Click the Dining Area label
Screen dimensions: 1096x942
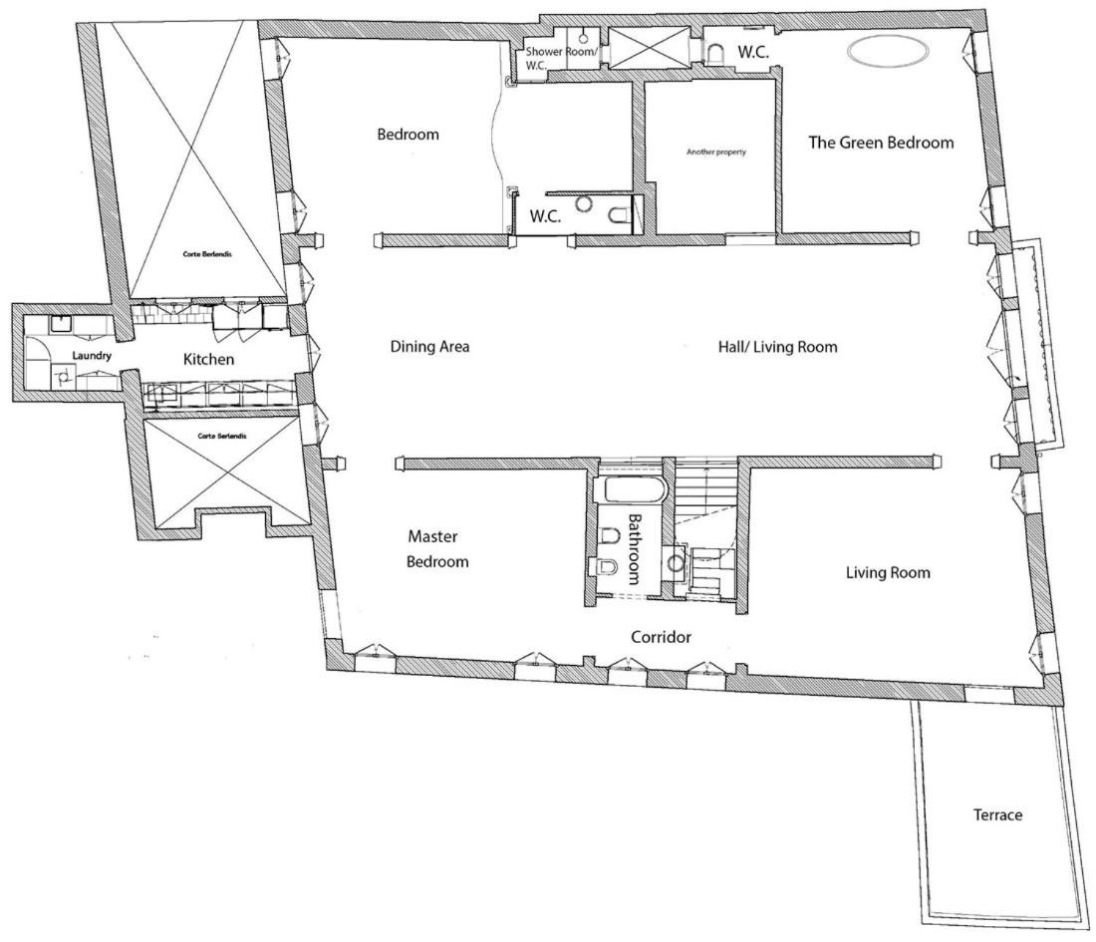click(x=429, y=346)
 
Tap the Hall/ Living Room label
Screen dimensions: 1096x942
click(x=777, y=347)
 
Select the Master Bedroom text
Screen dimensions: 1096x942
click(x=437, y=549)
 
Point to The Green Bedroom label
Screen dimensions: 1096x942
click(x=881, y=143)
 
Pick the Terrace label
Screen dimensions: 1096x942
click(x=997, y=814)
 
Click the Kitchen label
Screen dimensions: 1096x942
click(x=208, y=360)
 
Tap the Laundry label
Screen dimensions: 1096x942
click(x=92, y=356)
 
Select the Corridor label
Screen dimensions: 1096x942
click(x=661, y=637)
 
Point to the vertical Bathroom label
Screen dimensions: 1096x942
click(x=634, y=549)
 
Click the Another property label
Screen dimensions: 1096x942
click(x=715, y=152)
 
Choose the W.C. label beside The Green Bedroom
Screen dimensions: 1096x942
click(x=753, y=52)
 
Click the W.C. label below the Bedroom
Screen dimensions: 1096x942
click(x=545, y=216)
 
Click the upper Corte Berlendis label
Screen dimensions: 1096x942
click(x=207, y=254)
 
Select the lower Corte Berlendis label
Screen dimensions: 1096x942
click(x=221, y=436)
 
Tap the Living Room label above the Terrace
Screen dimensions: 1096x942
click(x=888, y=573)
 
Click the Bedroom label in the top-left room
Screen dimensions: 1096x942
click(x=409, y=135)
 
